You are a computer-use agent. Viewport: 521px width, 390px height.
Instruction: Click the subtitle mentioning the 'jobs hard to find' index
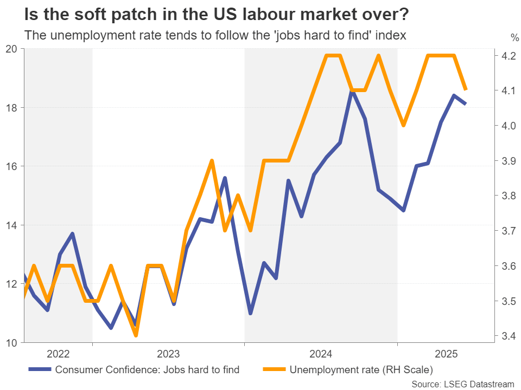215,35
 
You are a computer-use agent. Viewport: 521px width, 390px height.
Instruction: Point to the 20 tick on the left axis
11,48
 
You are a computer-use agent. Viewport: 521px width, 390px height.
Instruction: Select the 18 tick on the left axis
11,107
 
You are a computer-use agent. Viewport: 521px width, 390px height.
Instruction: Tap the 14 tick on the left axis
11,225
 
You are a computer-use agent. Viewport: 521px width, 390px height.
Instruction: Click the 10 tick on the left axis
11,342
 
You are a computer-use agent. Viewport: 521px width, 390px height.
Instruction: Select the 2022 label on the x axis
58,355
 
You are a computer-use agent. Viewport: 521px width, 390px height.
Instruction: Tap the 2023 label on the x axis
168,355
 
